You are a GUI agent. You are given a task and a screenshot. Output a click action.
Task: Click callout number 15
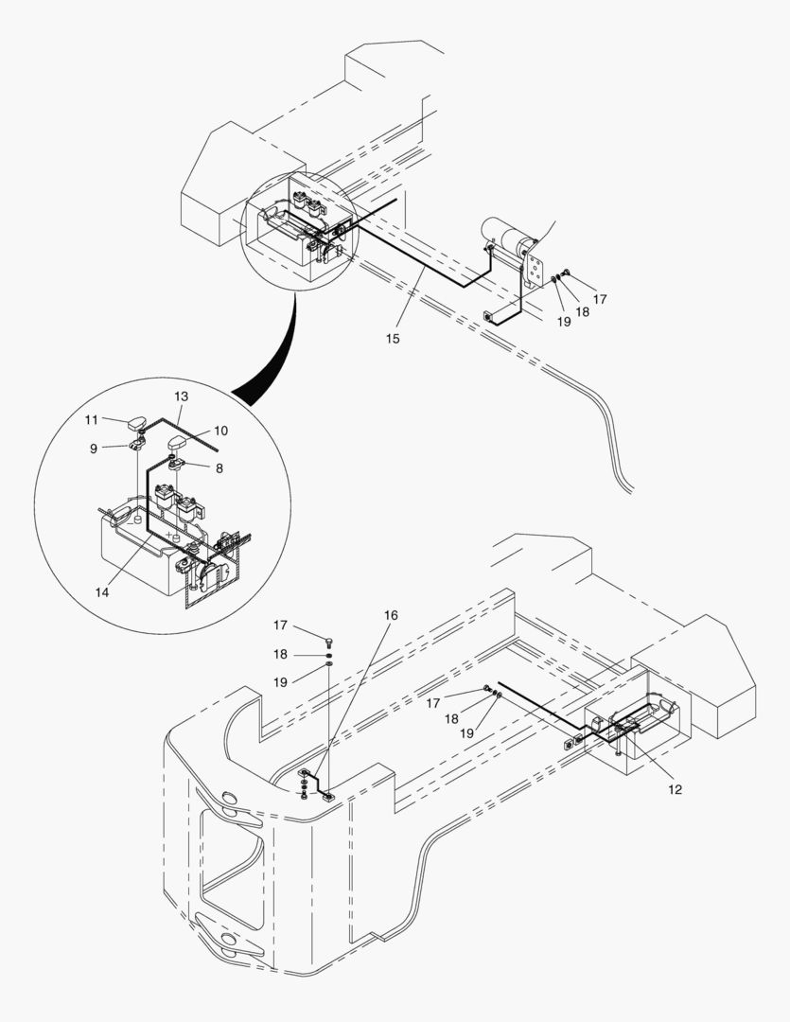(393, 338)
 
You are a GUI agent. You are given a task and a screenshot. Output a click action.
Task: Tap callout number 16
(391, 615)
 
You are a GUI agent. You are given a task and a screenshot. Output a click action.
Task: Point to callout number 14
(102, 592)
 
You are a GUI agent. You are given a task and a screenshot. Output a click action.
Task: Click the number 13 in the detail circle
(182, 396)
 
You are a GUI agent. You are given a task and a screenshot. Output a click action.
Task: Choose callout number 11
(92, 418)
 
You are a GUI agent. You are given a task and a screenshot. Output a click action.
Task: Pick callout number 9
(94, 449)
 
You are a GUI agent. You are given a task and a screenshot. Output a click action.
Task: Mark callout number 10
(220, 431)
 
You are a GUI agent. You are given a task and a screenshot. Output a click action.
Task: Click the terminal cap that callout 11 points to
(138, 422)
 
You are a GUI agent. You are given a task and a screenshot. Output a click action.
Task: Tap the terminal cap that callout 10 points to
(181, 443)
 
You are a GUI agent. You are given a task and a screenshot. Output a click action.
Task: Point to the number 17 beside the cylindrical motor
(600, 299)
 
